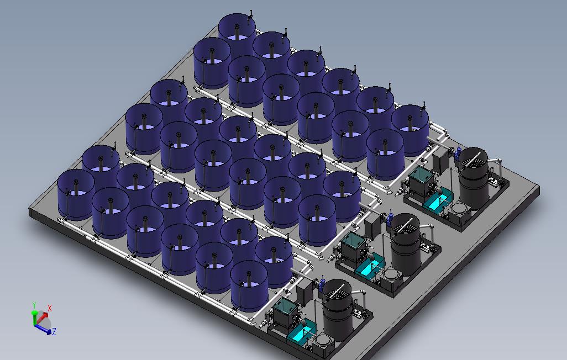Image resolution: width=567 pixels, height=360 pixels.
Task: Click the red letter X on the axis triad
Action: click(x=50, y=308)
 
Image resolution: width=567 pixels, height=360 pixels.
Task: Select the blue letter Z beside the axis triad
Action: click(x=54, y=331)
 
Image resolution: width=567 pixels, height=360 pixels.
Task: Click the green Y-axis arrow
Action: click(x=34, y=317)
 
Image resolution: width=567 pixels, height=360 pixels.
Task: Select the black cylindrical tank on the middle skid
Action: click(x=406, y=243)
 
